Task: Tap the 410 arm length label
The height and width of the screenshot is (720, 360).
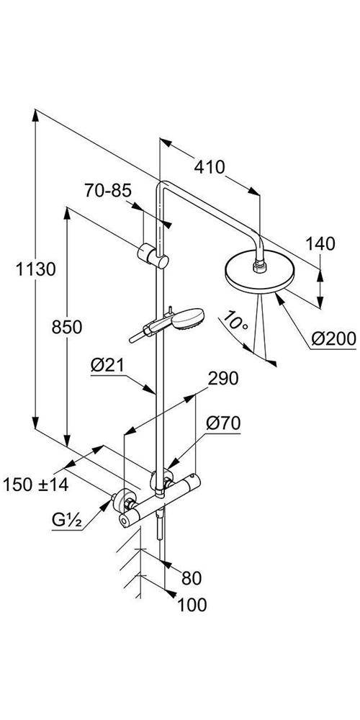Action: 210,168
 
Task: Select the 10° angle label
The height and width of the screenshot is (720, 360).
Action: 237,320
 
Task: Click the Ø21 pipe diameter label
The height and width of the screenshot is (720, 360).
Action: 107,365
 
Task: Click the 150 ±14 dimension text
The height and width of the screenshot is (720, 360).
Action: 36,485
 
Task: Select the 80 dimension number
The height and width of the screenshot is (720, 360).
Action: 190,578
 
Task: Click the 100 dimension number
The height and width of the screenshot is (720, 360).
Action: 192,605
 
